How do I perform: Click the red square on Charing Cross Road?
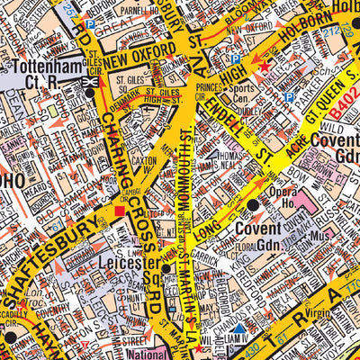[120, 212]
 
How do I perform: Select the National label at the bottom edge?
[145, 354]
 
